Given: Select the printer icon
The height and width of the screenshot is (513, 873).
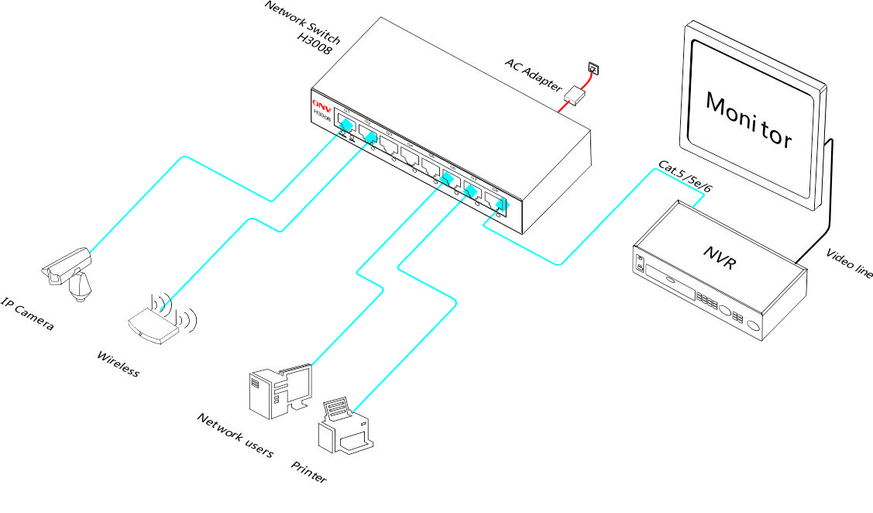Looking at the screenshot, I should (x=345, y=426).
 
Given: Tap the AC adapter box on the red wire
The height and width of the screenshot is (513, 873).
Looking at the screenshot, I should (x=575, y=95).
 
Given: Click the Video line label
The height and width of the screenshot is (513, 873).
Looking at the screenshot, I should (x=849, y=263).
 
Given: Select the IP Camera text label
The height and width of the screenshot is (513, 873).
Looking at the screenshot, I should (x=28, y=314).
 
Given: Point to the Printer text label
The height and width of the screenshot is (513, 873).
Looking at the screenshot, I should (x=308, y=472).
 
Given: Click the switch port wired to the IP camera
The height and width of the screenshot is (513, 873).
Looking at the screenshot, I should (x=346, y=125).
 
